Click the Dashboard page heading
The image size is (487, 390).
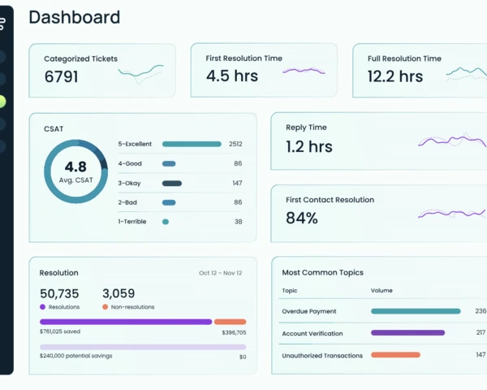point(74,17)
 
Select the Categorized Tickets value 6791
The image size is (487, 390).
point(61,76)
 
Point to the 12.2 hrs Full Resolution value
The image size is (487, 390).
point(395,76)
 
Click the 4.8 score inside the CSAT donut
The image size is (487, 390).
point(75,167)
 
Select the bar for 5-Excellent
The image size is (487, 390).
point(192,144)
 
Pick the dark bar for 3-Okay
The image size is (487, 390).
point(172,183)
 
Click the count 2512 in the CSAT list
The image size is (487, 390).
point(235,144)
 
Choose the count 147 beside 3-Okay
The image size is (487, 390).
point(237,183)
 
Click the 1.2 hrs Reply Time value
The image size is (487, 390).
point(308,147)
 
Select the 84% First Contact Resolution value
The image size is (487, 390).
point(302,219)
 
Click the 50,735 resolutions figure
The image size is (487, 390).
point(59,293)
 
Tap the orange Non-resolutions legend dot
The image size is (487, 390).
point(106,307)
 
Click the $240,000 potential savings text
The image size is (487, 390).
point(76,356)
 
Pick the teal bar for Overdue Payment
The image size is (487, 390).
point(416,311)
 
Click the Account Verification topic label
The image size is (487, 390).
point(312,333)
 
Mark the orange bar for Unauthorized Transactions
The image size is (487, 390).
point(395,355)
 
